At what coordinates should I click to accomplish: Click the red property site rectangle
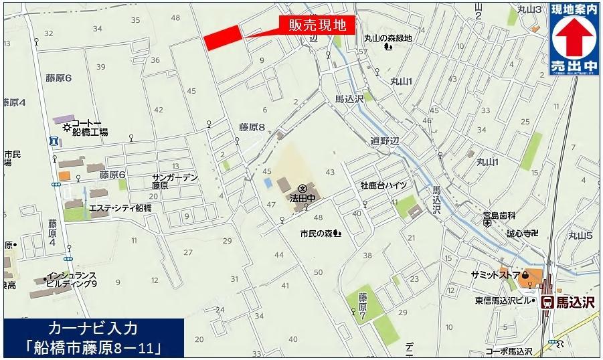(222, 37)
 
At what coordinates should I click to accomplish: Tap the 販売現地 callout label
(317, 26)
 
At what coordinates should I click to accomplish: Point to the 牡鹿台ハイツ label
(384, 185)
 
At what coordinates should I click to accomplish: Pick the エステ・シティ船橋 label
(120, 208)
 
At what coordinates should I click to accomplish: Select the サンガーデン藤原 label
(175, 181)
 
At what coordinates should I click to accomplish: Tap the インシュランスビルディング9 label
(72, 280)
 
